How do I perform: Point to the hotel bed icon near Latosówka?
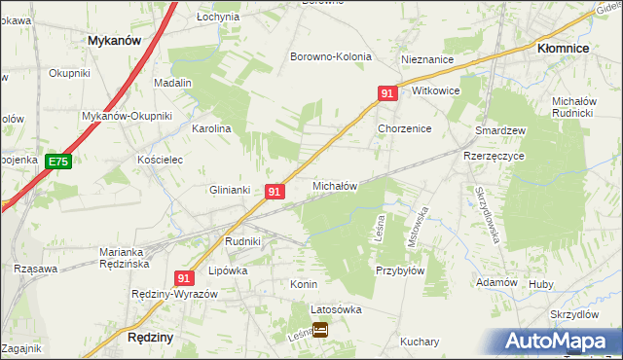(x=320, y=330)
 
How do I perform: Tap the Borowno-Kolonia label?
(x=331, y=56)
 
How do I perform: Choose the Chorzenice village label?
(x=405, y=128)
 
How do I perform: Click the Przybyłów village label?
(x=400, y=271)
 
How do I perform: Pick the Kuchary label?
(x=420, y=342)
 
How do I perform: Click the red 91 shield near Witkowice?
(x=387, y=93)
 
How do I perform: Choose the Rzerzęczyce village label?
(x=494, y=156)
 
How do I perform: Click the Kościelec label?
(x=160, y=159)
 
